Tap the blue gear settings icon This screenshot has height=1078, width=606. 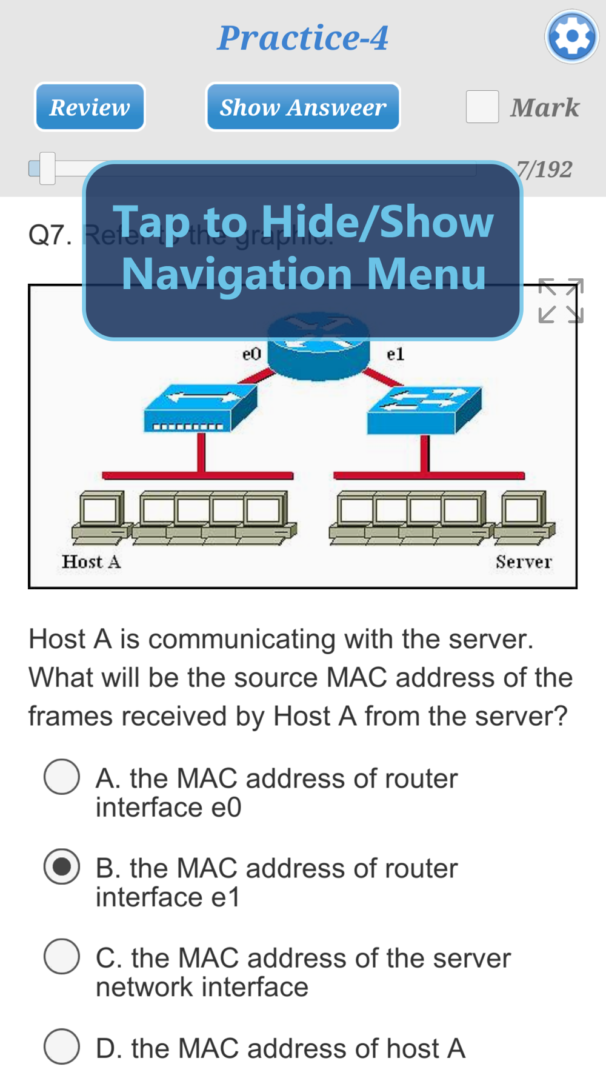coord(571,37)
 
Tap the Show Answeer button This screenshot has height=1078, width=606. coord(303,107)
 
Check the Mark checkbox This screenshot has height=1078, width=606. coord(482,107)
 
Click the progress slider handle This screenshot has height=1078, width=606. coord(47,169)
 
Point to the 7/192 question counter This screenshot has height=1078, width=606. coord(545,169)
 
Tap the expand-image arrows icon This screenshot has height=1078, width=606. coord(561,301)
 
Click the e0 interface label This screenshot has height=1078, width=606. coord(251,354)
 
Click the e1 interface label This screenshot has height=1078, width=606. coord(395,354)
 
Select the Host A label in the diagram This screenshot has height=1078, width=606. coord(91,562)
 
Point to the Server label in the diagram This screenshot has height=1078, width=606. coord(524,562)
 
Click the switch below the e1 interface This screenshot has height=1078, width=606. coord(424,410)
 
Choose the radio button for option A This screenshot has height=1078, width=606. coord(62,777)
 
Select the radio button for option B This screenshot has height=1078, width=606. coord(62,866)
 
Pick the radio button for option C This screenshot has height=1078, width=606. coord(62,956)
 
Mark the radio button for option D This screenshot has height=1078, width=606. coord(62,1046)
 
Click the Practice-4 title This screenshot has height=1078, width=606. coord(303,38)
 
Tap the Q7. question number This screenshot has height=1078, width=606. coord(50,235)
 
